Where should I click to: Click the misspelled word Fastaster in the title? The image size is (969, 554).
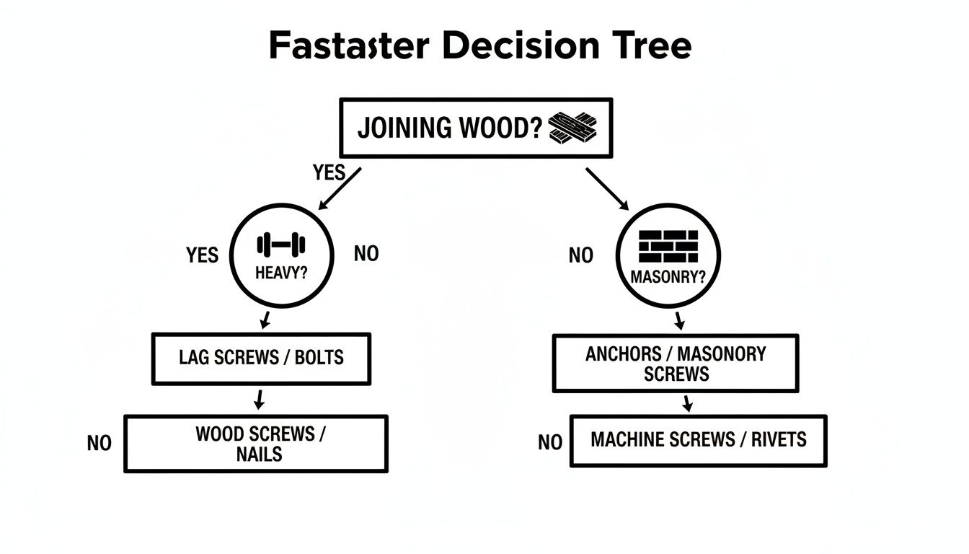(349, 47)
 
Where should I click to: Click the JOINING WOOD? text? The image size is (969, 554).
(449, 128)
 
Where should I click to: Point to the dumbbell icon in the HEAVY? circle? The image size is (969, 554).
(281, 245)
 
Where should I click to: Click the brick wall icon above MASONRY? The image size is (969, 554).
(668, 247)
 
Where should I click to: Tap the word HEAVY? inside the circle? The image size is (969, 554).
(280, 274)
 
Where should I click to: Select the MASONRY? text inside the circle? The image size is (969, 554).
(668, 277)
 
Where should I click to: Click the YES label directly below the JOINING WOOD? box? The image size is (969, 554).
(329, 173)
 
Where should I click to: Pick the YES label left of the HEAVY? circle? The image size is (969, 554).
(202, 255)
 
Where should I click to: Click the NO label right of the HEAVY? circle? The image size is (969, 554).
(366, 254)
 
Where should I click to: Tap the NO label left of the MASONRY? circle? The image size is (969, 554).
(580, 255)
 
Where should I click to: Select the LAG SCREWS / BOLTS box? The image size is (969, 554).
(261, 359)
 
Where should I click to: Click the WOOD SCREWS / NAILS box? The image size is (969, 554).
(256, 444)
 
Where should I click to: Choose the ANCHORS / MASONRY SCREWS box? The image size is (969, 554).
(676, 364)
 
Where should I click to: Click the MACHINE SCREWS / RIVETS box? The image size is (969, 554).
(698, 440)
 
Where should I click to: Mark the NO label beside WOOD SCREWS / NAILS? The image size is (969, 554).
(99, 443)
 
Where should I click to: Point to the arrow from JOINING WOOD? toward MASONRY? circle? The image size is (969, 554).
(607, 189)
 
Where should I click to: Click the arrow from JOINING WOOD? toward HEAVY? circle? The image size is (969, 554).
(337, 189)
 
